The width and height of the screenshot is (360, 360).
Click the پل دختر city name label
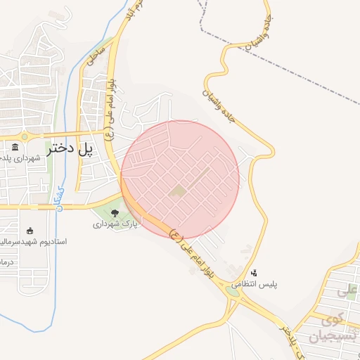tap(70, 148)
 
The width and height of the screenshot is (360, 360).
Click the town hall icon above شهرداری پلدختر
tap(15, 148)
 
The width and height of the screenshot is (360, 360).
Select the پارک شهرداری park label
tap(116, 224)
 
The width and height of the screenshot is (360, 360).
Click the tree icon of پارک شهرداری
tap(115, 213)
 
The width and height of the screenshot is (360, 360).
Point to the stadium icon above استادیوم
tap(30, 231)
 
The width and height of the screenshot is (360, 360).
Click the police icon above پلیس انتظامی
tap(254, 273)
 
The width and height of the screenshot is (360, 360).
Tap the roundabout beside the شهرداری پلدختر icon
tap(25, 136)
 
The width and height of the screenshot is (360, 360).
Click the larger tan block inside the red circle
tap(179, 190)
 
